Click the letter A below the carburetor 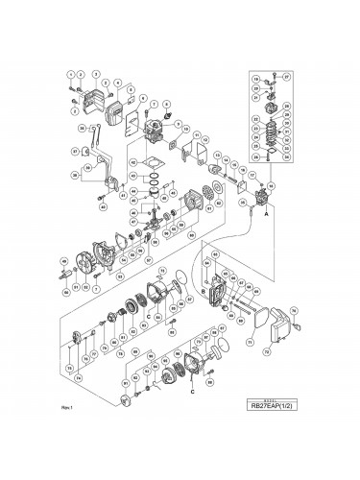click(253, 216)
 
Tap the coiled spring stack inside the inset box click(270, 125)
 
